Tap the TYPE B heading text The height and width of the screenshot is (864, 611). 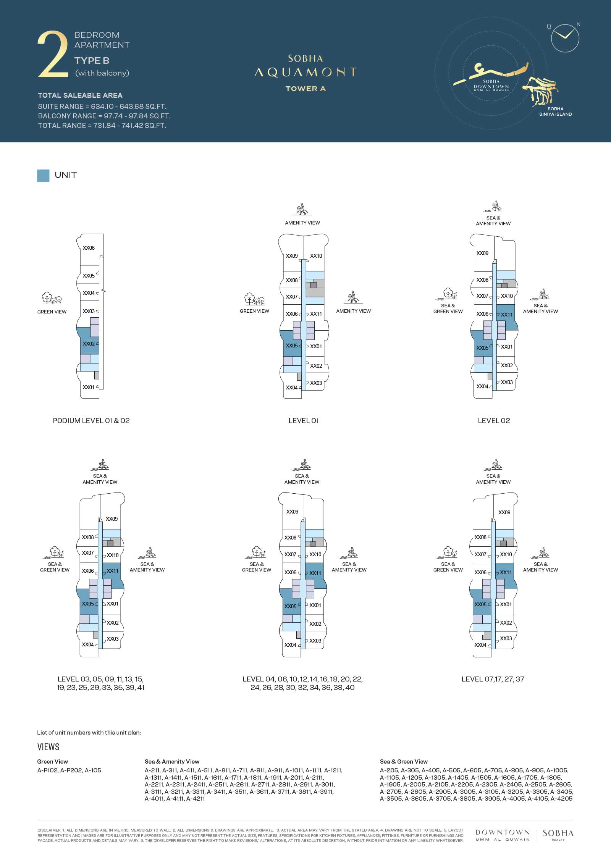click(92, 61)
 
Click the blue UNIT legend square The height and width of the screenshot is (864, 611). click(43, 176)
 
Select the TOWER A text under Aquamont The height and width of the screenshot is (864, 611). click(305, 89)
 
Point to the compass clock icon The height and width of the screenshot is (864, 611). click(565, 38)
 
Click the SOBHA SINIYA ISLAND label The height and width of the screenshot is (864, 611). click(555, 111)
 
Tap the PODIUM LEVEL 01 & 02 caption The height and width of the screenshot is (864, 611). click(91, 421)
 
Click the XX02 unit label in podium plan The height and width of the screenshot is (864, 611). click(89, 344)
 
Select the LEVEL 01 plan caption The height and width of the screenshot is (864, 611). click(304, 421)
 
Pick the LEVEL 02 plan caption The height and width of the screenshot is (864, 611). click(494, 421)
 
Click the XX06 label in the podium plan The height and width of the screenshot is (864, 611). click(89, 248)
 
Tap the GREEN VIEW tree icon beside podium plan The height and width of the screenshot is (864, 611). click(52, 298)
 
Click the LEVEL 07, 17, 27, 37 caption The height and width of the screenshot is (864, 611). click(493, 679)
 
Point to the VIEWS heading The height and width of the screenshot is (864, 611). click(48, 747)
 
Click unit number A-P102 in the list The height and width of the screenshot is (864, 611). click(47, 770)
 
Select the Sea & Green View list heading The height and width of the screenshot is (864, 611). click(404, 761)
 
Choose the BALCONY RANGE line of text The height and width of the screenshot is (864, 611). click(104, 116)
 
